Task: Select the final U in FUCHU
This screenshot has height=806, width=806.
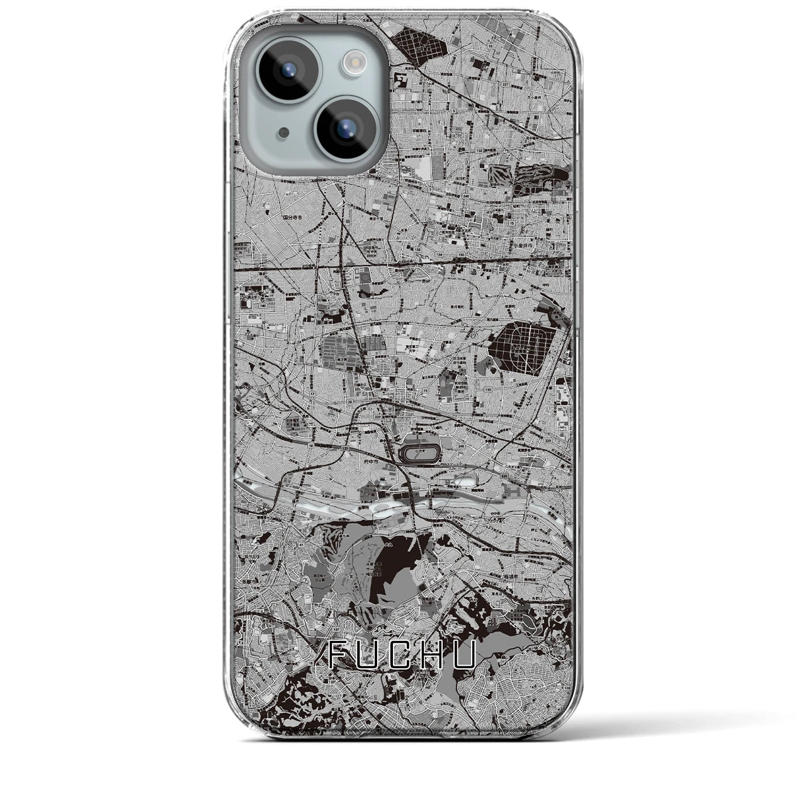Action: [x=463, y=656]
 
